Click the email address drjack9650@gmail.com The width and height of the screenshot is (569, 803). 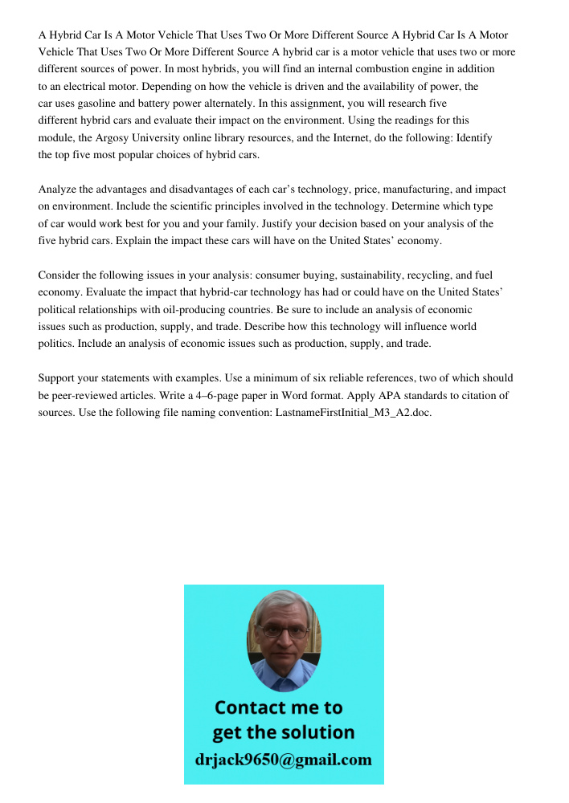click(x=283, y=759)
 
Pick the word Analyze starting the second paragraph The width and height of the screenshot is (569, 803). click(x=58, y=190)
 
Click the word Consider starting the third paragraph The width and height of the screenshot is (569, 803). click(x=60, y=275)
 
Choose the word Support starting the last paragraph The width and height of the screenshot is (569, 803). click(x=58, y=378)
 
